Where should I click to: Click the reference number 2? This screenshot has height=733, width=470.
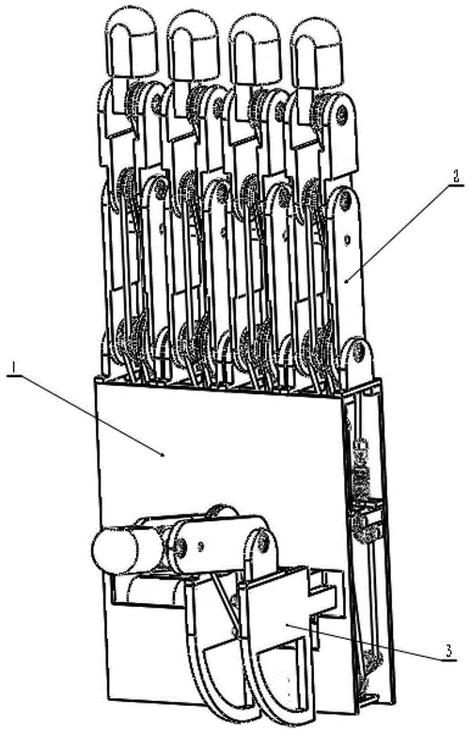(x=455, y=177)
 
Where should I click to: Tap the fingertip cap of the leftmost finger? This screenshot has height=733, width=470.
(x=127, y=44)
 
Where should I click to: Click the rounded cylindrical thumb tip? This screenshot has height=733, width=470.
(x=116, y=550)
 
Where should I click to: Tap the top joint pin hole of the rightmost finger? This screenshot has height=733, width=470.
(x=343, y=113)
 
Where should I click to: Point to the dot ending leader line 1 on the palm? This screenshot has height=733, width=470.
(x=162, y=454)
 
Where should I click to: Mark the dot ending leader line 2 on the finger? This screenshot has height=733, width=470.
(x=345, y=281)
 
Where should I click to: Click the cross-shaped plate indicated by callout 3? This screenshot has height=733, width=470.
(x=290, y=608)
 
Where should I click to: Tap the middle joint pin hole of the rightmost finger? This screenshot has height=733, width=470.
(x=346, y=202)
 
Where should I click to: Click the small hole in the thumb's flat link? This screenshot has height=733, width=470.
(x=201, y=545)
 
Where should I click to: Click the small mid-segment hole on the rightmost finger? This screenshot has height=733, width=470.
(x=347, y=240)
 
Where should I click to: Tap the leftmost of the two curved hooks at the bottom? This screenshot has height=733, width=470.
(x=211, y=655)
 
